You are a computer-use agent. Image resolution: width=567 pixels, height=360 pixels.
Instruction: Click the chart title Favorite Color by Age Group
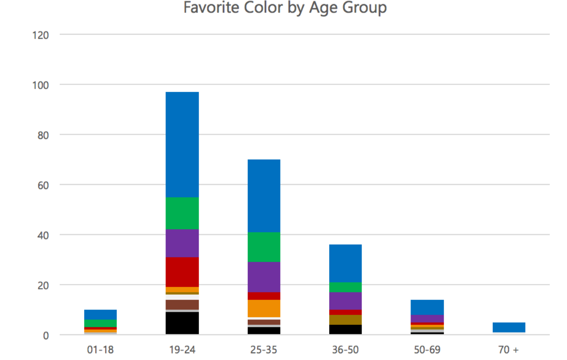click(285, 8)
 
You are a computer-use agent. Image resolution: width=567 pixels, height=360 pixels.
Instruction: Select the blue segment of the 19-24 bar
click(182, 144)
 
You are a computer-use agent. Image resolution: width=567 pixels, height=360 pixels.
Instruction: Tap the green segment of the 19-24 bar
click(182, 213)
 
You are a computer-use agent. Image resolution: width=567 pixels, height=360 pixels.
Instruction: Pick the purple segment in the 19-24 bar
click(182, 243)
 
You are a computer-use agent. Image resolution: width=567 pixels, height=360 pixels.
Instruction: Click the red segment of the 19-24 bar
click(182, 272)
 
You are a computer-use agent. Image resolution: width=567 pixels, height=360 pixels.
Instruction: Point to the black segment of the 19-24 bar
click(182, 323)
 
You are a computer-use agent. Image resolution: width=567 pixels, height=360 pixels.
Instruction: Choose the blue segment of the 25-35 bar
click(263, 196)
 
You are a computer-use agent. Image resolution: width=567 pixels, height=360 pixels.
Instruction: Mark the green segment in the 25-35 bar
click(263, 247)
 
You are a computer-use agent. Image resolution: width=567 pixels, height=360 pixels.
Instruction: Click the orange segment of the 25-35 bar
click(263, 308)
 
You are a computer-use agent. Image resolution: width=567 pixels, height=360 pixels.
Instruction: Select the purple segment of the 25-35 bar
click(263, 277)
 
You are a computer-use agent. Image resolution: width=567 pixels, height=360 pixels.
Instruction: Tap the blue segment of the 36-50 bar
click(345, 263)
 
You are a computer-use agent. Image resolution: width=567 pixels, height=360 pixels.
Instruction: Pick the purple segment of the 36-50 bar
click(345, 301)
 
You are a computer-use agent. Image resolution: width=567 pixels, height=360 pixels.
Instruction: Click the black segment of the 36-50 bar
click(345, 329)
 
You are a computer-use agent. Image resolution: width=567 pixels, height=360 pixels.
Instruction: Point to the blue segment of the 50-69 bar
click(427, 307)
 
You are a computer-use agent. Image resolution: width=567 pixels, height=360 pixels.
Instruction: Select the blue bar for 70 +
click(509, 327)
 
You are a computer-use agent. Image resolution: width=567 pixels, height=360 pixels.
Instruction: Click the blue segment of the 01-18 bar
click(100, 315)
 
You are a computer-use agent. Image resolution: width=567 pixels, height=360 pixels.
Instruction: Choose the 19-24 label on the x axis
click(182, 350)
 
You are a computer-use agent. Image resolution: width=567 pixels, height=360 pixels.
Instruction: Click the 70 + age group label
click(509, 350)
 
